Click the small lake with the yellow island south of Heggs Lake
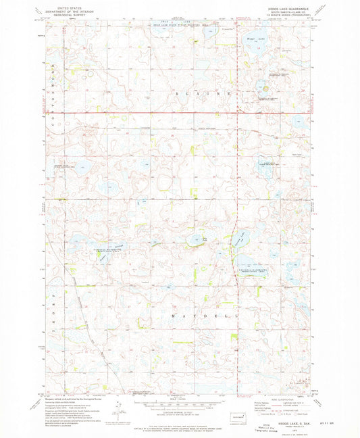point(266,87)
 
